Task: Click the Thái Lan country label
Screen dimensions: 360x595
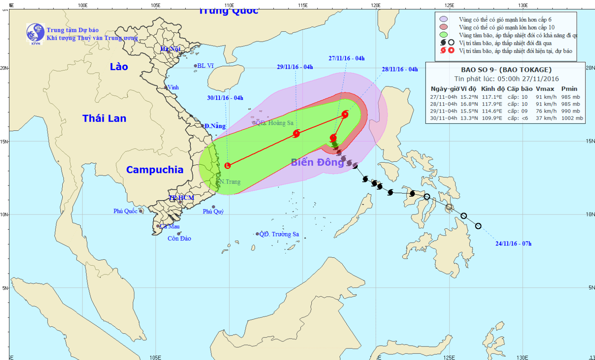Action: (104, 118)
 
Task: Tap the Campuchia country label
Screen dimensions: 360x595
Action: (155, 170)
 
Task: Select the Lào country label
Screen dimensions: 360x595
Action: (119, 67)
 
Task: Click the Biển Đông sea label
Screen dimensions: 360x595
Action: (317, 162)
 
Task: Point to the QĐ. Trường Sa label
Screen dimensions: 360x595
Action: (279, 234)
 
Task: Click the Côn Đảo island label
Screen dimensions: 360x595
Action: (179, 238)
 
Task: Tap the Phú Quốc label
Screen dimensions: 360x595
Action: (125, 211)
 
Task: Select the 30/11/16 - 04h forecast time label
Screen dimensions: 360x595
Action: (225, 98)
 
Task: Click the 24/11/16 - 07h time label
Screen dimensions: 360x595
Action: (513, 243)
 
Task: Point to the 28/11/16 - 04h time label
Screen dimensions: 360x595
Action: (400, 69)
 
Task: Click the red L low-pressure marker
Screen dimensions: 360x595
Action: (227, 166)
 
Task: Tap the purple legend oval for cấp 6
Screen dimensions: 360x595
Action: (443, 19)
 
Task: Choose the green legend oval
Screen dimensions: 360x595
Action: (443, 35)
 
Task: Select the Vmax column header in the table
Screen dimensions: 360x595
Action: (545, 89)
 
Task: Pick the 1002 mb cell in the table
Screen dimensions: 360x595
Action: (572, 118)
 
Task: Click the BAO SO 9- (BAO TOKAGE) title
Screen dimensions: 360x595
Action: (506, 70)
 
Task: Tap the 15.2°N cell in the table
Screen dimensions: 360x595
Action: (469, 97)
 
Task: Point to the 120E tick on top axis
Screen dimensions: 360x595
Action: (376, 6)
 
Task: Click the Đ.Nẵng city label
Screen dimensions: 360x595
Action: (215, 126)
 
